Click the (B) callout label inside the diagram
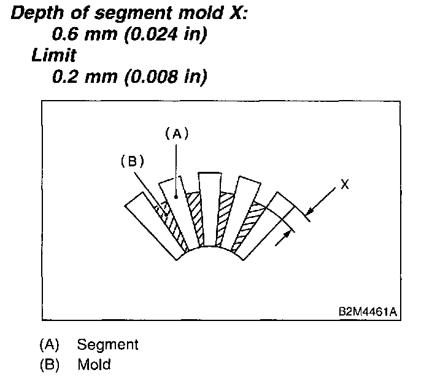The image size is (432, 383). pos(131,161)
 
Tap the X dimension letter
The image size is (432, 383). pos(345,184)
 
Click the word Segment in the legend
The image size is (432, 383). pos(107,344)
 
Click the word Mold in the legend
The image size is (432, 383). pos(94,365)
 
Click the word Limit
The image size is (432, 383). pos(54,55)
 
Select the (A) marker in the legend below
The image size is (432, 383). pos(50,344)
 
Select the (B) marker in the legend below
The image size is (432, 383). pos(50,365)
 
